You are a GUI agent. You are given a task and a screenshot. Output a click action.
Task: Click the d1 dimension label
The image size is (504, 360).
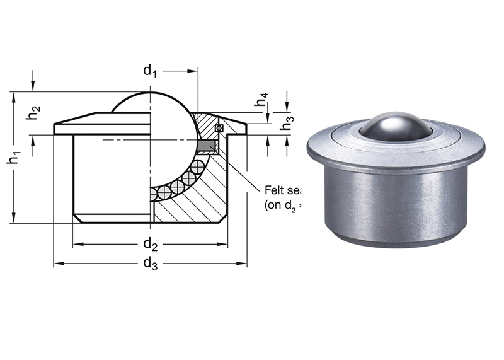(149, 71)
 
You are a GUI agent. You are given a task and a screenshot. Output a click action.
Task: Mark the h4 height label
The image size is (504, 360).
(261, 101)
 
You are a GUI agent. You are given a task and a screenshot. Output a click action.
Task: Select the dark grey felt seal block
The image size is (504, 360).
(206, 146)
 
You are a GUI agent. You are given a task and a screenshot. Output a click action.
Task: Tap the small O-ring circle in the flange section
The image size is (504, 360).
(219, 128)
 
